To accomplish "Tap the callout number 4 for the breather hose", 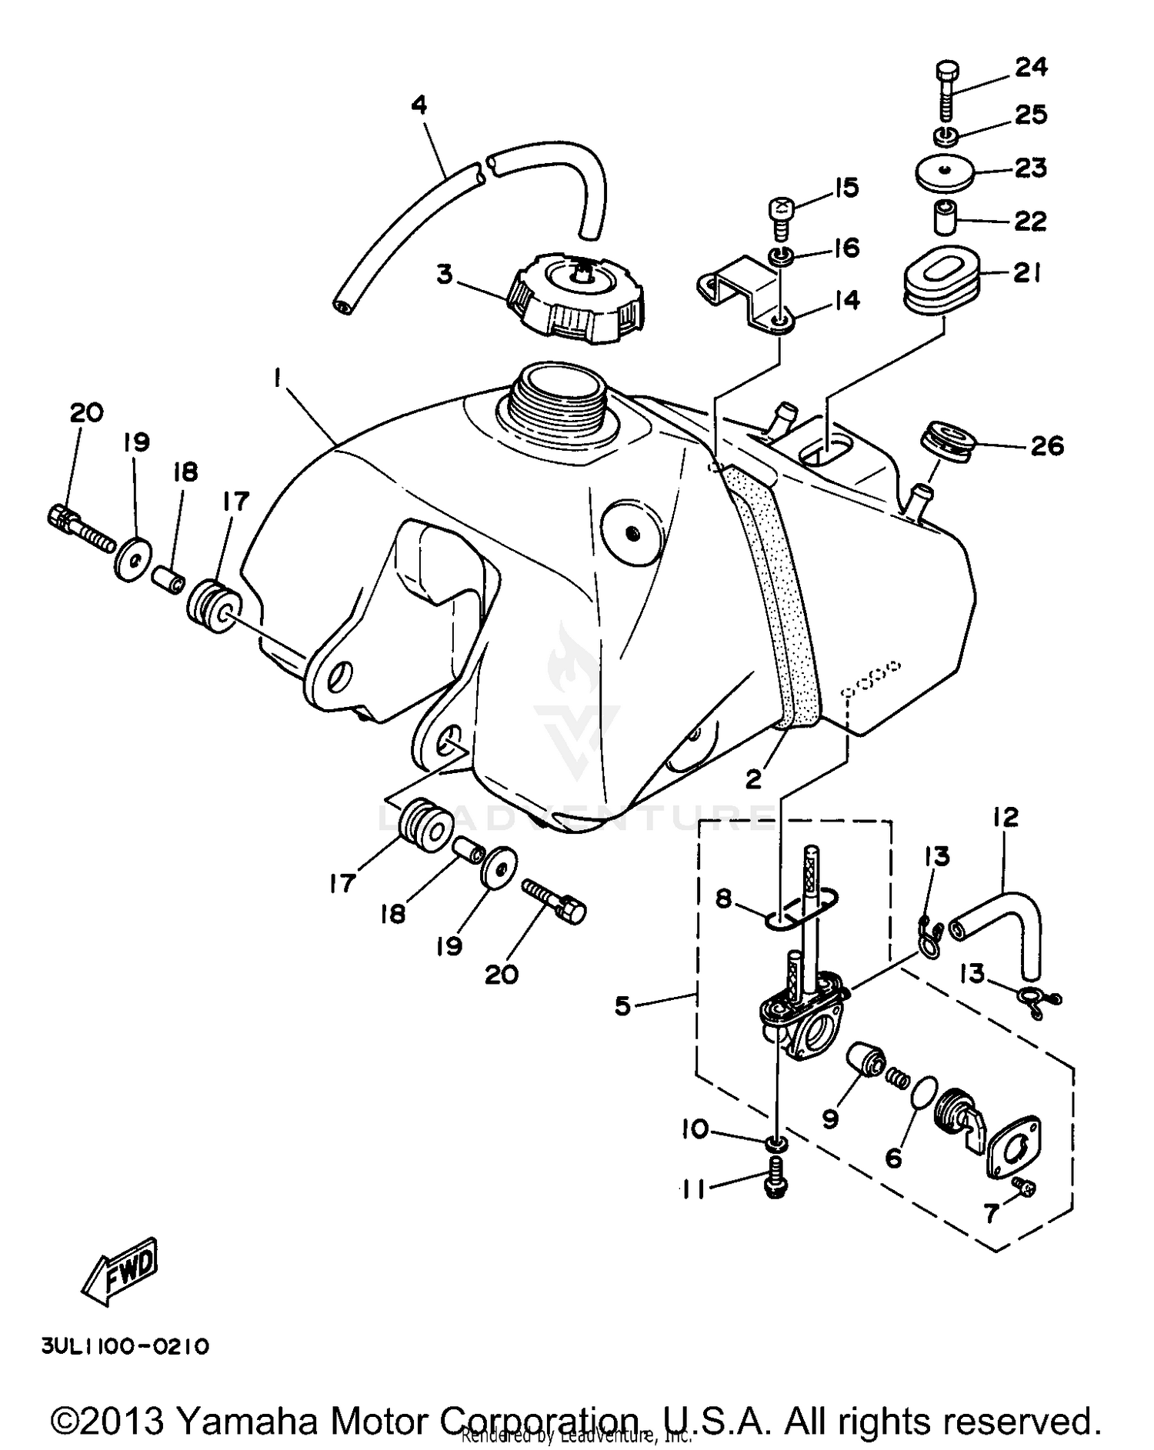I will pyautogui.click(x=419, y=105).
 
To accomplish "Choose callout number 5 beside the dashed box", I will pyautogui.click(x=623, y=1005).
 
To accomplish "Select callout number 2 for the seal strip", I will pyautogui.click(x=754, y=779).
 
